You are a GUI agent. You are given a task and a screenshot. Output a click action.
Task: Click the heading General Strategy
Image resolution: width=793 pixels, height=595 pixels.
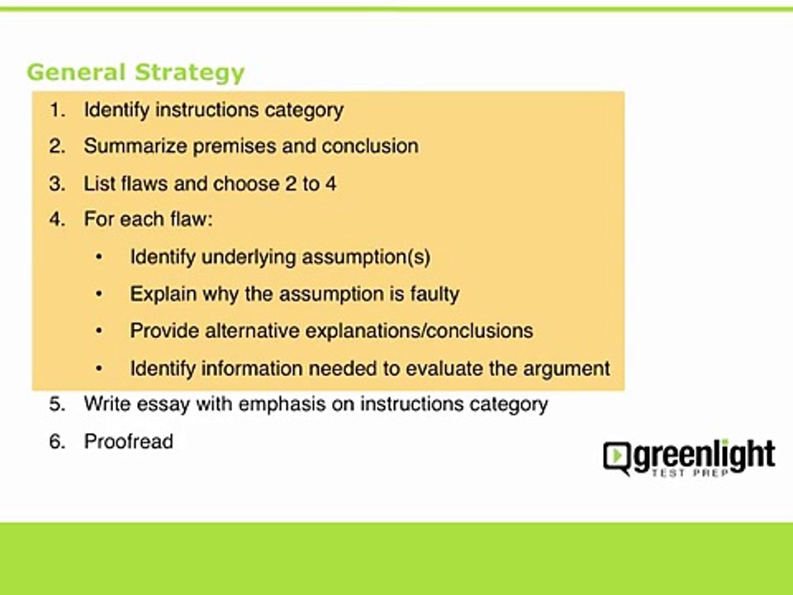(135, 72)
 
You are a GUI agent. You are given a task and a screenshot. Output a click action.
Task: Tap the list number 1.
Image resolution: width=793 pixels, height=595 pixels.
(55, 110)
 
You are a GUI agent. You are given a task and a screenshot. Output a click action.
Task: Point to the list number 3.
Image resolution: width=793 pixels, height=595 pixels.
(56, 183)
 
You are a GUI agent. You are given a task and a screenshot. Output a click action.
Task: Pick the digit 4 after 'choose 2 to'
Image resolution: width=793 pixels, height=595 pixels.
(330, 183)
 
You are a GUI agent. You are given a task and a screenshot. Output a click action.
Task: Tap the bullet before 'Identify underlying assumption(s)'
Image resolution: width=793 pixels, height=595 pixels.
(99, 258)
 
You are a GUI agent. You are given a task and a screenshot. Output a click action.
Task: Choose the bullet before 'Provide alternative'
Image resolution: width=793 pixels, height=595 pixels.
(99, 331)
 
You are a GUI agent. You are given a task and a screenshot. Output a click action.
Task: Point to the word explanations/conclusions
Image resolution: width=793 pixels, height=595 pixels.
(419, 331)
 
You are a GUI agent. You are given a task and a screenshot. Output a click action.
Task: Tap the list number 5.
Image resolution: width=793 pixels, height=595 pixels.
(56, 405)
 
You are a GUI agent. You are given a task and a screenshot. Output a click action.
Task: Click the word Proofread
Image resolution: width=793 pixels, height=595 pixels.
(128, 442)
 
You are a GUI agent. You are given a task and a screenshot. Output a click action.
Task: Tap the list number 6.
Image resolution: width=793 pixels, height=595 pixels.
(56, 442)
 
